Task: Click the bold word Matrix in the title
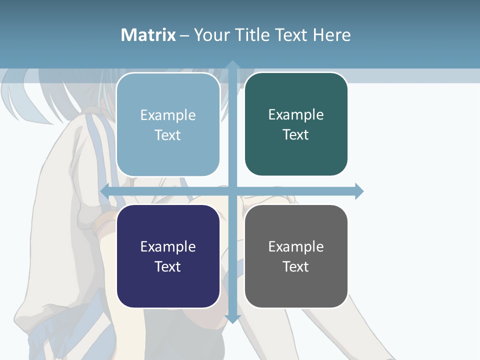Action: tap(148, 35)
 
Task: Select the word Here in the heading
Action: tap(331, 35)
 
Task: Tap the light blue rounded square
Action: tap(168, 124)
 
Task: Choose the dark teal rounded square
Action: tap(296, 124)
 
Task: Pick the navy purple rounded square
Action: tap(168, 256)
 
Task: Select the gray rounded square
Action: tap(296, 256)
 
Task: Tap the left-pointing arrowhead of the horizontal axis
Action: tap(105, 191)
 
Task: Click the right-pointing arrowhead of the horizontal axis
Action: tap(359, 191)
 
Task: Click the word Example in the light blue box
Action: tap(168, 115)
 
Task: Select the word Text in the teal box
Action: tap(295, 134)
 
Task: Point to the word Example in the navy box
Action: tap(168, 247)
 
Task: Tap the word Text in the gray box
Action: tap(295, 266)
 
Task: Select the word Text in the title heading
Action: tap(292, 35)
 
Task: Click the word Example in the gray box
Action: tap(296, 247)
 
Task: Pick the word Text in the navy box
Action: tap(167, 266)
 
